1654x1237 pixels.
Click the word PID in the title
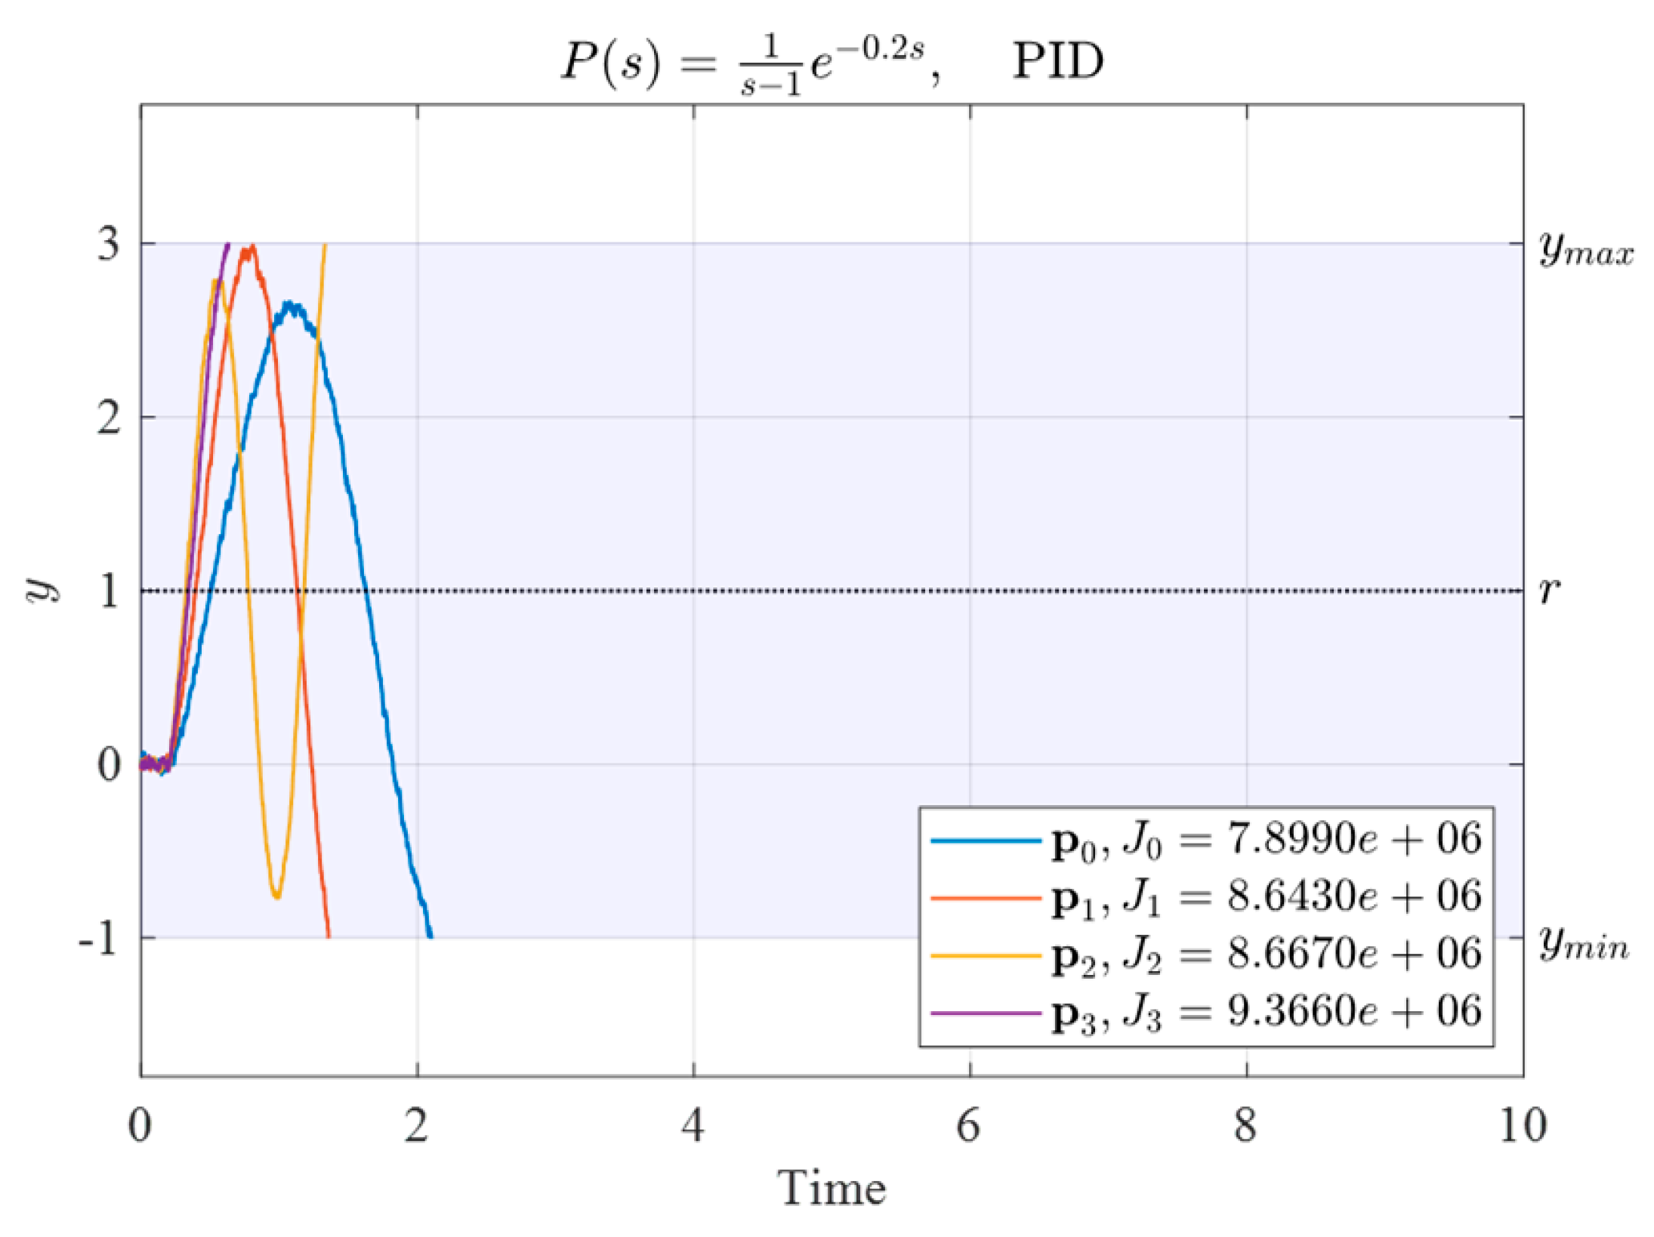pos(1057,61)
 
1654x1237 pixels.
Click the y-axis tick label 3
pos(109,244)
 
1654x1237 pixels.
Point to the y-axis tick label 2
pos(109,418)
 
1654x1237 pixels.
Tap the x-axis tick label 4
pos(693,1125)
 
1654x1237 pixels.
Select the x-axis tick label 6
pos(969,1125)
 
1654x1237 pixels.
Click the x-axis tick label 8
pos(1245,1125)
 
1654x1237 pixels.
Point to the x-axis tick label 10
pos(1523,1125)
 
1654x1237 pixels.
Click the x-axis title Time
pos(832,1188)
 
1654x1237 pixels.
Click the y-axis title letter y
pos(42,589)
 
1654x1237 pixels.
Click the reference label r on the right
pos(1549,590)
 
